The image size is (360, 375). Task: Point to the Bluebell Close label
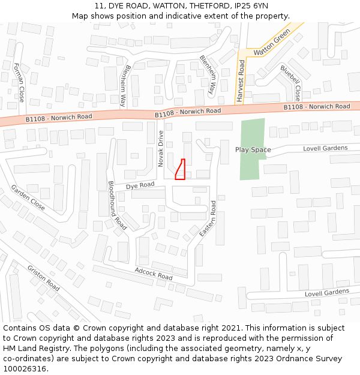[290, 83]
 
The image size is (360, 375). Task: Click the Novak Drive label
[161, 149]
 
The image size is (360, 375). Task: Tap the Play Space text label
[253, 149]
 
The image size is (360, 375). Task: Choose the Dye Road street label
[140, 186]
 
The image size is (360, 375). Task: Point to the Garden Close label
[28, 197]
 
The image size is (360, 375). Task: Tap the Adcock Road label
[154, 274]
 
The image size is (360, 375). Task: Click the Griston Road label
[44, 278]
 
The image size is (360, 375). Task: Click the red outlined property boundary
[180, 170]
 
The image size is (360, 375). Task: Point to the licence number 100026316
[26, 368]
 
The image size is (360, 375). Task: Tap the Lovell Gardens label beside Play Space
[325, 148]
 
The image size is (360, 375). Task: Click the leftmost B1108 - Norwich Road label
[59, 118]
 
